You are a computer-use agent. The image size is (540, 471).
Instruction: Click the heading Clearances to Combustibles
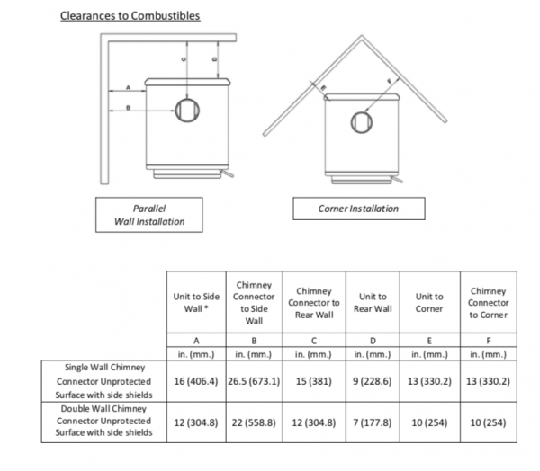click(x=130, y=16)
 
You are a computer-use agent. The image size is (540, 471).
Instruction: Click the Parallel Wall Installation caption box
click(x=149, y=215)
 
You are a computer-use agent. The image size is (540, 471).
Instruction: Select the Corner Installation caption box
click(x=358, y=209)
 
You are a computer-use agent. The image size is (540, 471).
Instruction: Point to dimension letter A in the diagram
click(x=128, y=87)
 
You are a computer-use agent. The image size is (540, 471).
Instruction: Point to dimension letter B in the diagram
click(x=128, y=109)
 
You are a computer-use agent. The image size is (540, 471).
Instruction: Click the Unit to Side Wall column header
click(x=196, y=302)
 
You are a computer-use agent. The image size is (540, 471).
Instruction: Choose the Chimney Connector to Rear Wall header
click(x=314, y=302)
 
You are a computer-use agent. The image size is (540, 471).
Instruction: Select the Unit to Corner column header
click(x=429, y=302)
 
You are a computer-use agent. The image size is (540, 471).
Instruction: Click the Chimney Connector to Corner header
click(x=489, y=302)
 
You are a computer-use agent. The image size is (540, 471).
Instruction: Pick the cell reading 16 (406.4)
click(x=196, y=381)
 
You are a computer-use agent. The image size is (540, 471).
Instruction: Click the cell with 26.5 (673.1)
click(x=254, y=381)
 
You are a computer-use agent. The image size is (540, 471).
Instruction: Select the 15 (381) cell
click(x=314, y=381)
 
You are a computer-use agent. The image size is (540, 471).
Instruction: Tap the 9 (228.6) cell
click(x=373, y=381)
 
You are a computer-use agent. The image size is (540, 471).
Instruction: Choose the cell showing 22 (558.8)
click(x=254, y=422)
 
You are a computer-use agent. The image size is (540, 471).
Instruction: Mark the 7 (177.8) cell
click(x=373, y=422)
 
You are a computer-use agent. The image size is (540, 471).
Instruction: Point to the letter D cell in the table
click(x=373, y=340)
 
